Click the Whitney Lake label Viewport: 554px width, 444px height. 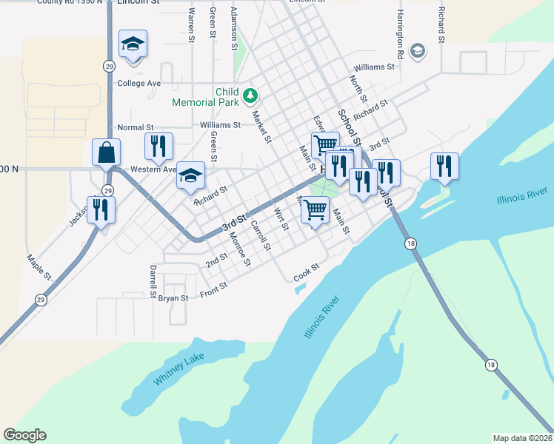[x=178, y=368]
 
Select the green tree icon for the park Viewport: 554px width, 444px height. [x=251, y=95]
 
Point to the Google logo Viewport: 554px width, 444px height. [x=24, y=435]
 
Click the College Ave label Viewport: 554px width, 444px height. [x=138, y=84]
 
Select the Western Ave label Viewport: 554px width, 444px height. [x=153, y=169]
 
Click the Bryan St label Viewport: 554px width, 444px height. [x=173, y=297]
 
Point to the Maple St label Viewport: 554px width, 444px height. [x=39, y=268]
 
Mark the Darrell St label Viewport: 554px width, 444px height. [x=153, y=281]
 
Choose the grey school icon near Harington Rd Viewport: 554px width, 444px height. [x=417, y=50]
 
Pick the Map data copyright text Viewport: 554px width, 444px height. [x=523, y=437]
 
